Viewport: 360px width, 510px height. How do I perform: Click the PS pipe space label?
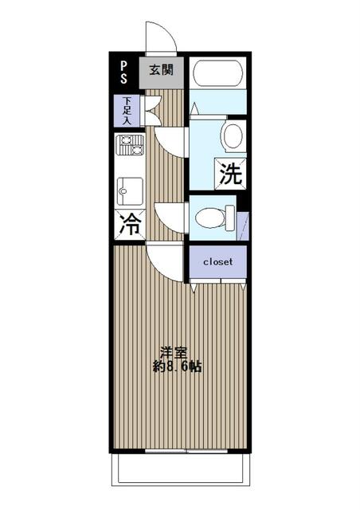point(123,73)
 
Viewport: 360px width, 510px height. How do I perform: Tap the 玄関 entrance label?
point(162,70)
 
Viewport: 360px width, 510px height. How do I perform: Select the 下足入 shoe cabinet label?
point(127,111)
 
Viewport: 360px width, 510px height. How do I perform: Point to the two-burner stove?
point(130,145)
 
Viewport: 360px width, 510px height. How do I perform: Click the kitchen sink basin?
point(130,191)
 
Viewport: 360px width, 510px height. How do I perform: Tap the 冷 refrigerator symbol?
point(130,225)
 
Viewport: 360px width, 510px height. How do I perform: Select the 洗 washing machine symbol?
point(230,174)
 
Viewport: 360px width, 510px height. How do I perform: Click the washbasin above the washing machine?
point(233,136)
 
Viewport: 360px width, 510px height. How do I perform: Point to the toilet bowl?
point(210,218)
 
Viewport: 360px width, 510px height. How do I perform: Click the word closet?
point(217,262)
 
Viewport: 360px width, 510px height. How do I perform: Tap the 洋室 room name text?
point(174,353)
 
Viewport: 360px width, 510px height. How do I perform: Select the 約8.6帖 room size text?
point(178,367)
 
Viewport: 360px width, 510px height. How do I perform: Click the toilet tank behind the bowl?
point(230,218)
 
